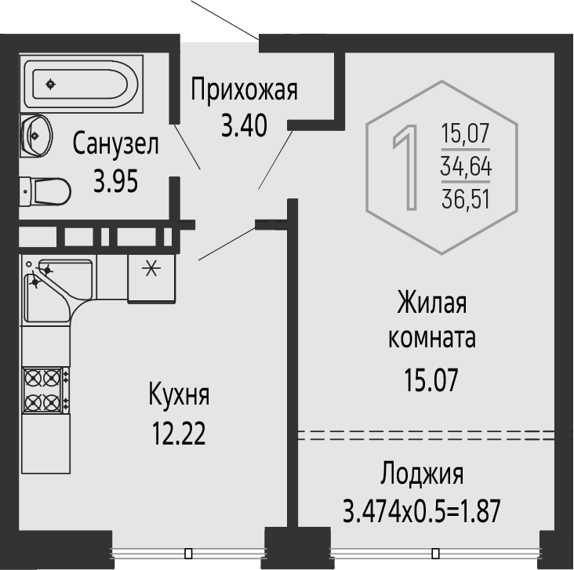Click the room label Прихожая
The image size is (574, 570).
click(244, 90)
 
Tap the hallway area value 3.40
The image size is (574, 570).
click(244, 125)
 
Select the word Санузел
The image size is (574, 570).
click(116, 144)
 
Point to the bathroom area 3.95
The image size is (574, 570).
click(116, 181)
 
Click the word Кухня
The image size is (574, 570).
click(179, 394)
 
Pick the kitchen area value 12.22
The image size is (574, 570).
click(179, 433)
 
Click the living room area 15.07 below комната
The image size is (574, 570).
click(431, 380)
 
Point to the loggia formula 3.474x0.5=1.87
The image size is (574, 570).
click(422, 511)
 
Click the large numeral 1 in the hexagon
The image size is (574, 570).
click(406, 168)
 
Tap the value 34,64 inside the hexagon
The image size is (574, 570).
click(466, 165)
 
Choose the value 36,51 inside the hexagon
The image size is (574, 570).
click(466, 198)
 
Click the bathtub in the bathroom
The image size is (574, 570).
click(82, 84)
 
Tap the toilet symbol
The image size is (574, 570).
click(45, 191)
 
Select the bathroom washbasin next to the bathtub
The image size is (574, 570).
click(36, 136)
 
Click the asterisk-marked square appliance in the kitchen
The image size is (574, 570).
click(151, 278)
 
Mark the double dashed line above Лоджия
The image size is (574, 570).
click(426, 435)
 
